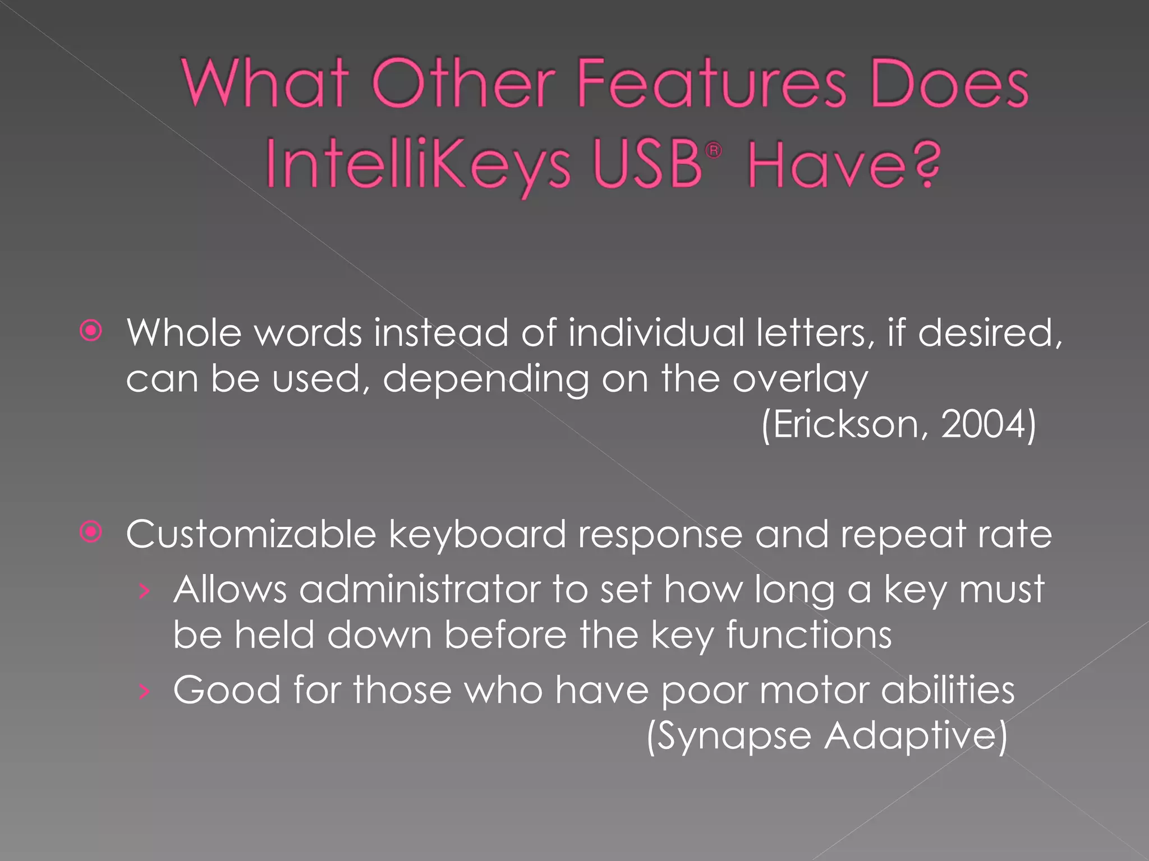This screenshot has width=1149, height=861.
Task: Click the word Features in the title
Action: pyautogui.click(x=711, y=84)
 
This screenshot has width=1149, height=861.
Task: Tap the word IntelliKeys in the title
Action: pyautogui.click(x=418, y=164)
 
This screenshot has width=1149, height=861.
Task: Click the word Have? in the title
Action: pyautogui.click(x=844, y=164)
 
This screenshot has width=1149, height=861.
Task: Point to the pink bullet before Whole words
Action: pyautogui.click(x=91, y=331)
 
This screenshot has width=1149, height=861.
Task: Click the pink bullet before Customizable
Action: pyautogui.click(x=91, y=532)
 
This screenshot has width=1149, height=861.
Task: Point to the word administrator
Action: pyautogui.click(x=420, y=590)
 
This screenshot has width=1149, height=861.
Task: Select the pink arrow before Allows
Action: pyautogui.click(x=145, y=591)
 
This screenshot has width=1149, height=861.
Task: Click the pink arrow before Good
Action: pyautogui.click(x=145, y=691)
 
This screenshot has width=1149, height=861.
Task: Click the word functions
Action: pyautogui.click(x=808, y=635)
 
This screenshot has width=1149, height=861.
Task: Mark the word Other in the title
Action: pyautogui.click(x=463, y=84)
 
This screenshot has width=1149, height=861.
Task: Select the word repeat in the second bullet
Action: pyautogui.click(x=903, y=535)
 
